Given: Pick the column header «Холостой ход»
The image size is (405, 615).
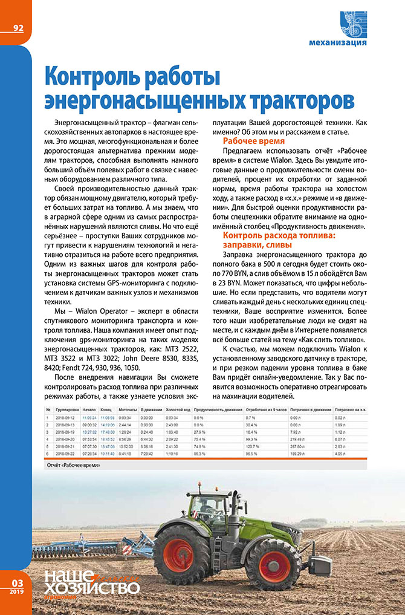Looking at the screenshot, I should coord(178,410).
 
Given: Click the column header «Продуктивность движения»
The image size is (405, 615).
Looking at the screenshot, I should coord(217,410).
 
